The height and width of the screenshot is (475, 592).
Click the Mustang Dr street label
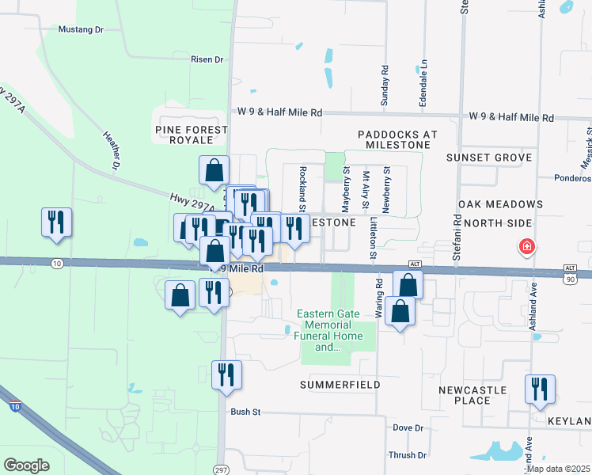82,29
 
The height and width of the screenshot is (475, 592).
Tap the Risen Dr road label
207,59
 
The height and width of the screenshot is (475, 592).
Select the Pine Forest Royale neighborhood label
192,135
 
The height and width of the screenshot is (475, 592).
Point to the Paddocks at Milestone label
397,140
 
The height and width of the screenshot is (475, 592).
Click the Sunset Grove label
488,158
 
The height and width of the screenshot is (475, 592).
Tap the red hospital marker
526,248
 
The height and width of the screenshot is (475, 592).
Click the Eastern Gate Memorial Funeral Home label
330,330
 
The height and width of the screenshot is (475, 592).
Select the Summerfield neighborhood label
340,385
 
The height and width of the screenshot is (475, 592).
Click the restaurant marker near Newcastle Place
541,389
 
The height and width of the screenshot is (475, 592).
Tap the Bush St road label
245,412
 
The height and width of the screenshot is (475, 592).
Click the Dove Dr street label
408,427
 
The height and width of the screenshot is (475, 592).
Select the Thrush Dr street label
408,455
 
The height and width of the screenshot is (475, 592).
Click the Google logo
26,465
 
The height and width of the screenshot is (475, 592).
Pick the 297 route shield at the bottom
221,469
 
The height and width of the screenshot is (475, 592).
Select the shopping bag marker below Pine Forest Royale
214,169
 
